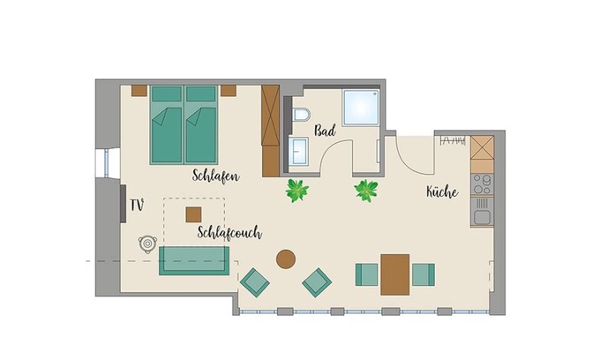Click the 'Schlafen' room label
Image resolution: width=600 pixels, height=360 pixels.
click(x=215, y=175)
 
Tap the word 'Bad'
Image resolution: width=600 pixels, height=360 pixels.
click(x=324, y=131)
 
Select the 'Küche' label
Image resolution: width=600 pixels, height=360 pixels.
click(x=442, y=191)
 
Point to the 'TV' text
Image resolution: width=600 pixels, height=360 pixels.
click(x=137, y=205)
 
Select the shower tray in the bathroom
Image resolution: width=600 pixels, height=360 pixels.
click(x=362, y=108)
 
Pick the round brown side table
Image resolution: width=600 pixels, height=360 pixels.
click(x=286, y=259)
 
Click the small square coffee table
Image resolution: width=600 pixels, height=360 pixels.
click(x=193, y=214)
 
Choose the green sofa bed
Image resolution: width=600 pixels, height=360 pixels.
click(x=194, y=260)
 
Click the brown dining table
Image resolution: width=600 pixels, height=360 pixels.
click(x=395, y=274)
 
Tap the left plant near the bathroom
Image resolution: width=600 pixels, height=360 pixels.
click(x=296, y=189)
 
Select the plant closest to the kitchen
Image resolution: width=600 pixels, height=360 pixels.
click(x=366, y=190)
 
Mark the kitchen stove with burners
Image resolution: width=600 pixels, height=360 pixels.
click(x=482, y=184)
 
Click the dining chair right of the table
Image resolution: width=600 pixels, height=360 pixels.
click(x=423, y=274)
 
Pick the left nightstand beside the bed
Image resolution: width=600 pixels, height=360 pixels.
click(x=139, y=90)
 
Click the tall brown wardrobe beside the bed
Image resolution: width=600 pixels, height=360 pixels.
click(x=270, y=130)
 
